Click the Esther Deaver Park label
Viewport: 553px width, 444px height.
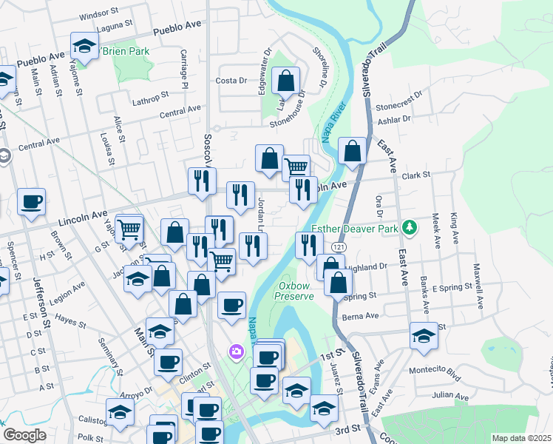tap(356, 229)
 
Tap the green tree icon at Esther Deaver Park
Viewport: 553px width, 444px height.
tap(408, 228)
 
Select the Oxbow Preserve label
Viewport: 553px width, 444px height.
tap(296, 290)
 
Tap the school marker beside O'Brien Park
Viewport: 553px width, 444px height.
tap(85, 46)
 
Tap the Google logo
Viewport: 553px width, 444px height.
tap(24, 435)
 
